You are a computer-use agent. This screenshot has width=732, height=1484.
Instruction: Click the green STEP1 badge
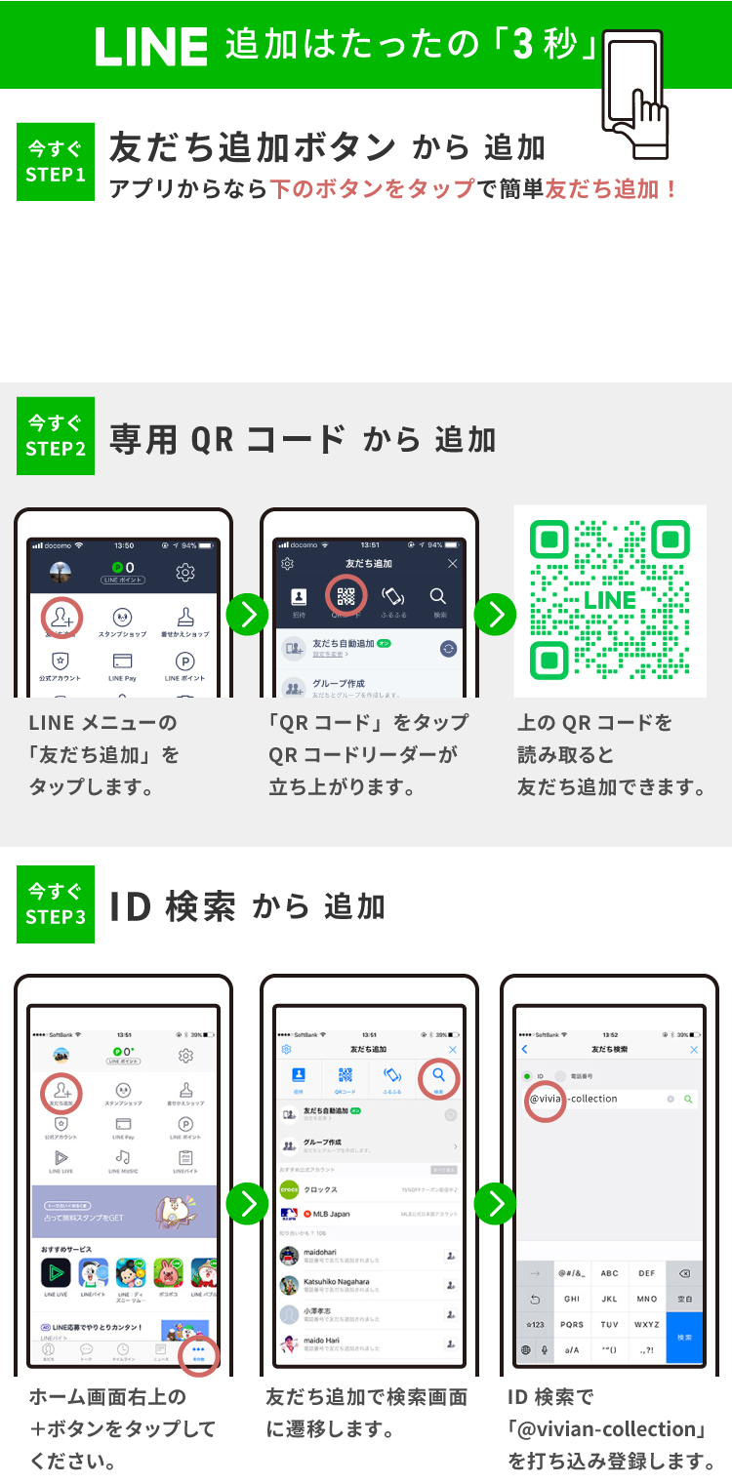pos(56,163)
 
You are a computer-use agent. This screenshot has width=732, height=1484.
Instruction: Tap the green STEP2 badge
pos(56,436)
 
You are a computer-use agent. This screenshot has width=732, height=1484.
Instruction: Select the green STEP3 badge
pos(56,904)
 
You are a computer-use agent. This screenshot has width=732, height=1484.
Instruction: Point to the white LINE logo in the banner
pos(151,47)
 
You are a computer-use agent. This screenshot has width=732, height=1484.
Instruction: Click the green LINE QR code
pos(610,600)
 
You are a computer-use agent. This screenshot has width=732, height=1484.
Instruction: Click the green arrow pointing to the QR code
pos(496,615)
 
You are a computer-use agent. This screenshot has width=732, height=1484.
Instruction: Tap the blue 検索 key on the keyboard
pos(683,1337)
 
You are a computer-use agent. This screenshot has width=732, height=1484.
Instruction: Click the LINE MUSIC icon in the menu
pos(123,1160)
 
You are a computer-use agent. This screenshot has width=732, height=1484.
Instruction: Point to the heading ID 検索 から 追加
pos(247,906)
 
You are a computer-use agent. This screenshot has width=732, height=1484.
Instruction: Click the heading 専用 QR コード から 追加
pos(303,439)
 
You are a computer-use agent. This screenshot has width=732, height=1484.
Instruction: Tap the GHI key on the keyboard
pos(572,1300)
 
